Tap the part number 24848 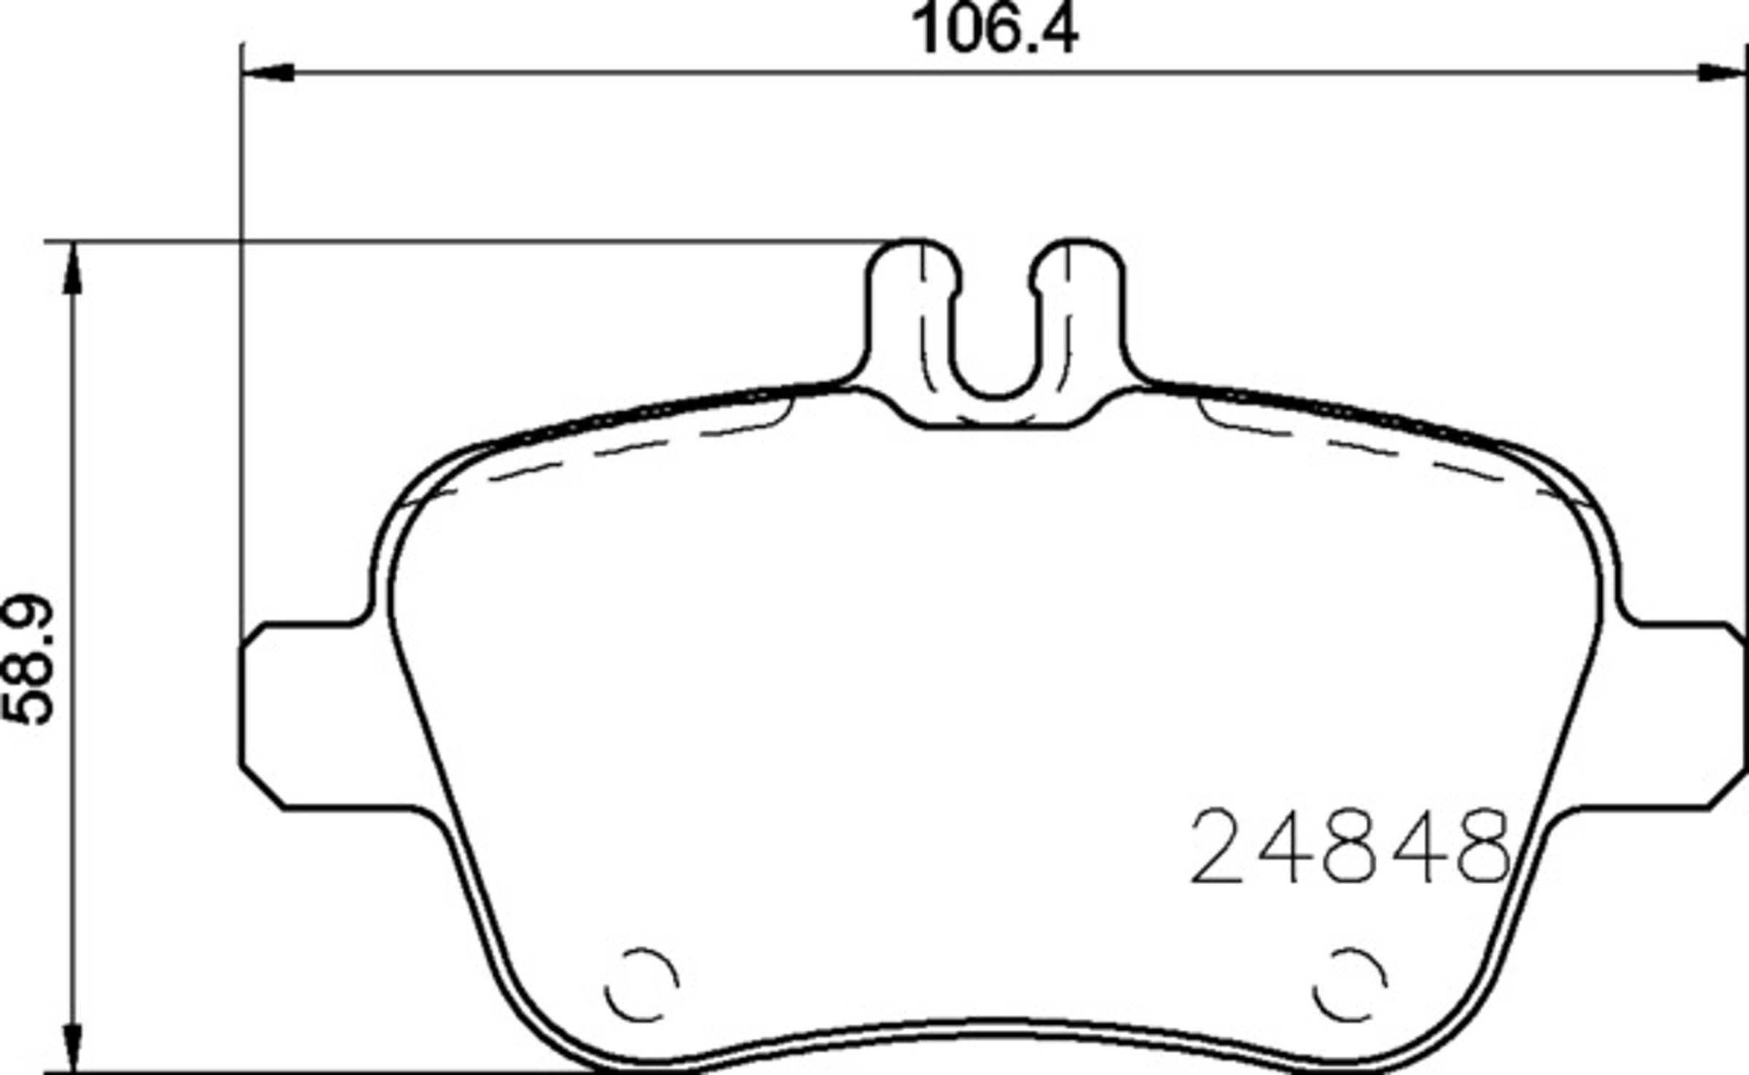tap(1350, 847)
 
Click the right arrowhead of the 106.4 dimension tap(1723, 72)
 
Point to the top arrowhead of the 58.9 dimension tap(71, 267)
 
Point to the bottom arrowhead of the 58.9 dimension tap(71, 1047)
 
